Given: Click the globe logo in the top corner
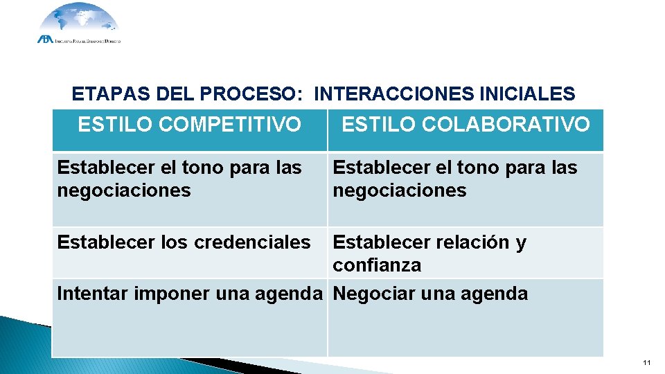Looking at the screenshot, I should (x=78, y=21).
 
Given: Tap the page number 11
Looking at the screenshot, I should (x=647, y=363).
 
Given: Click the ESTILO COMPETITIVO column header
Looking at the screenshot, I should (x=189, y=125).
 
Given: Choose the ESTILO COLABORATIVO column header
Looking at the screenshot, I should (x=465, y=125).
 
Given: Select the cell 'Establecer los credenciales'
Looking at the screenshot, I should (x=184, y=242).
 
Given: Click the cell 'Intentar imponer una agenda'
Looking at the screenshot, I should (x=189, y=294).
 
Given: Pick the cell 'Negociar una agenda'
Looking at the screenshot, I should (x=430, y=294).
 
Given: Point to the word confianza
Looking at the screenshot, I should (x=377, y=265).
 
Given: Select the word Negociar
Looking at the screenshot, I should (x=367, y=294).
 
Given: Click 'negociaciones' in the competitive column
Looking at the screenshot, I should (x=124, y=190).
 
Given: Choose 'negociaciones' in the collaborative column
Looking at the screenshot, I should (x=400, y=190).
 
